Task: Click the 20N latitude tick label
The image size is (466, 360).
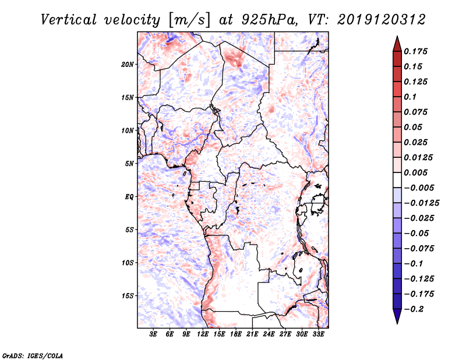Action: tap(128, 64)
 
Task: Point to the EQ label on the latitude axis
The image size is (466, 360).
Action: tap(129, 196)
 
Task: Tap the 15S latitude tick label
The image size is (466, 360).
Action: tap(128, 295)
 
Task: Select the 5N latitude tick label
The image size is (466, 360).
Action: tap(129, 163)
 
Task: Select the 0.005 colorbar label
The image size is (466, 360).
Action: tap(418, 172)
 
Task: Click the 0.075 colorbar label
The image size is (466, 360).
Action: tap(418, 112)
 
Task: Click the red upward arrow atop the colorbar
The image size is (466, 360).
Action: tap(396, 43)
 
